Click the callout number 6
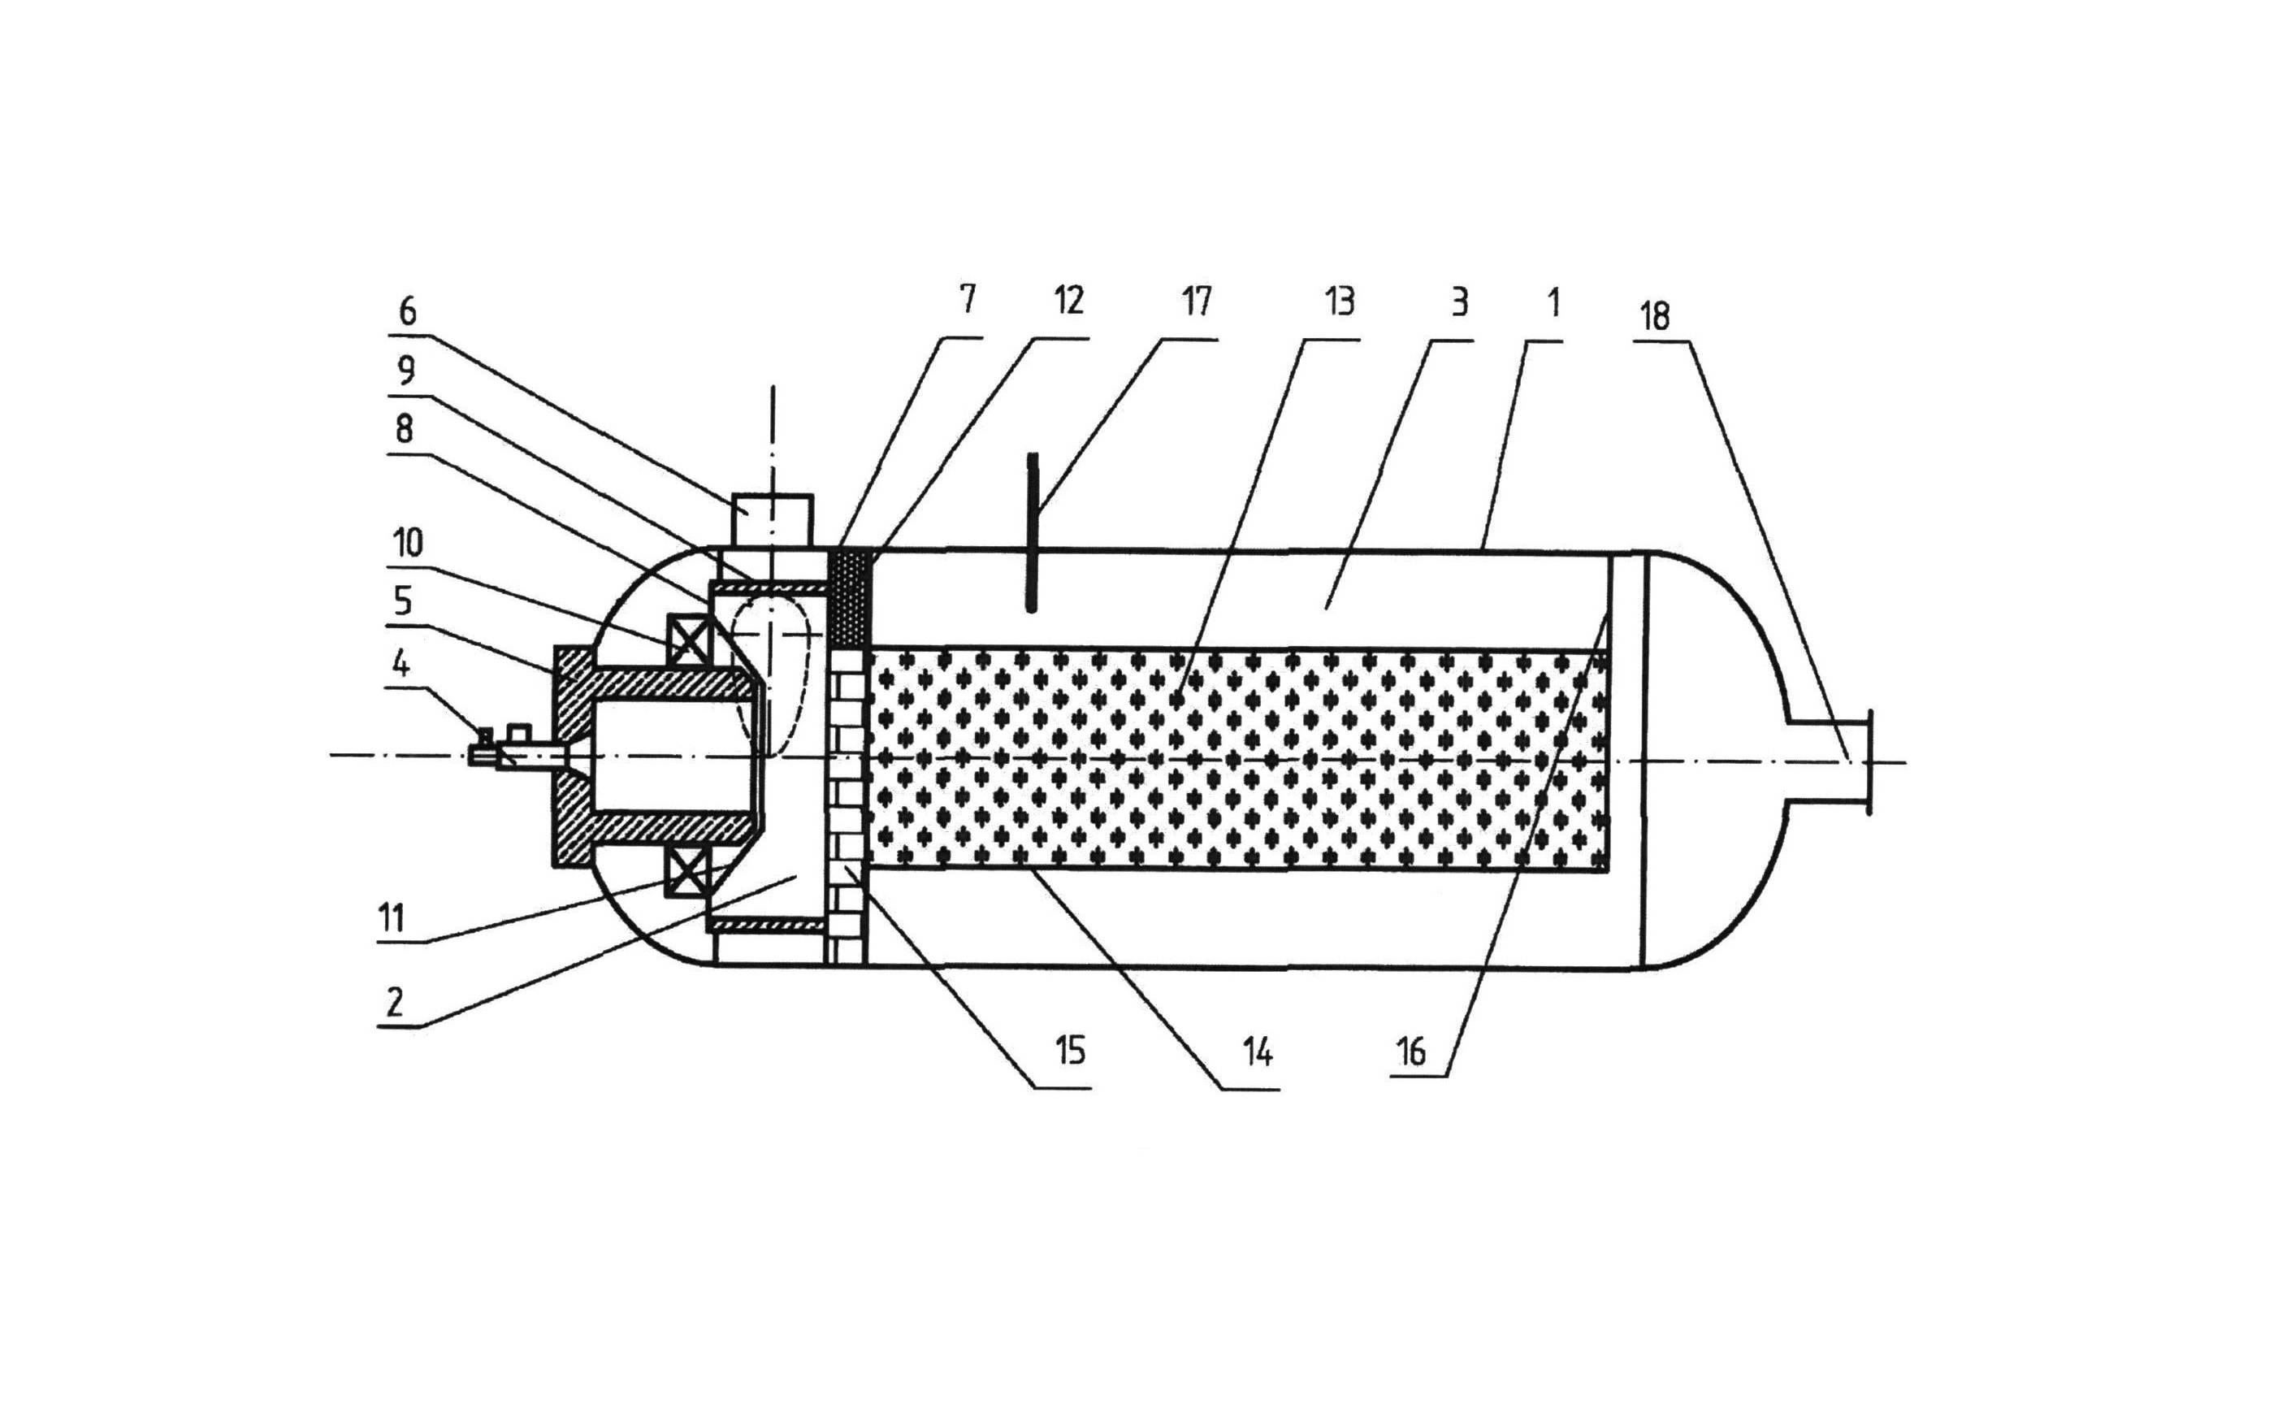coord(407,311)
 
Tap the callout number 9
coord(405,372)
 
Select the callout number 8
coord(404,431)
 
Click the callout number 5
coord(403,601)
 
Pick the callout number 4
coord(400,665)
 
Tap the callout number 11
coord(392,917)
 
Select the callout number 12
coord(1069,301)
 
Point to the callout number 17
coord(1197,301)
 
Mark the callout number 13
coord(1340,301)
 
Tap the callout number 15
coord(1070,1052)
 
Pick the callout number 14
coord(1258,1052)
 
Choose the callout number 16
coord(1410,1052)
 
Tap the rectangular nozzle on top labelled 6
coord(773,520)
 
